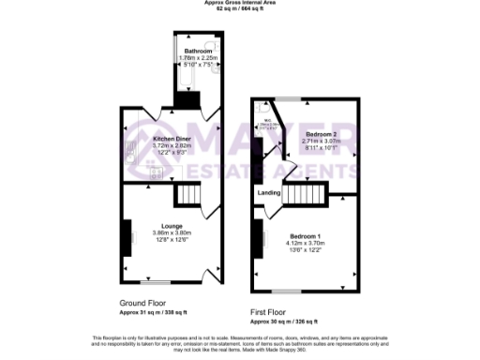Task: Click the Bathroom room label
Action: click(198, 51)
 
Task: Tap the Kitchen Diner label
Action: click(172, 139)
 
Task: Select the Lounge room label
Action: click(171, 226)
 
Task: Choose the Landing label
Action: click(269, 194)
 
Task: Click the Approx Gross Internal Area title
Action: click(239, 3)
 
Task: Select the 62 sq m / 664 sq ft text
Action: click(239, 9)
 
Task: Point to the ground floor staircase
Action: click(188, 195)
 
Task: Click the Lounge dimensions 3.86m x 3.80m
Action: click(172, 232)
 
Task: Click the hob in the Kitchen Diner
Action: click(156, 174)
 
